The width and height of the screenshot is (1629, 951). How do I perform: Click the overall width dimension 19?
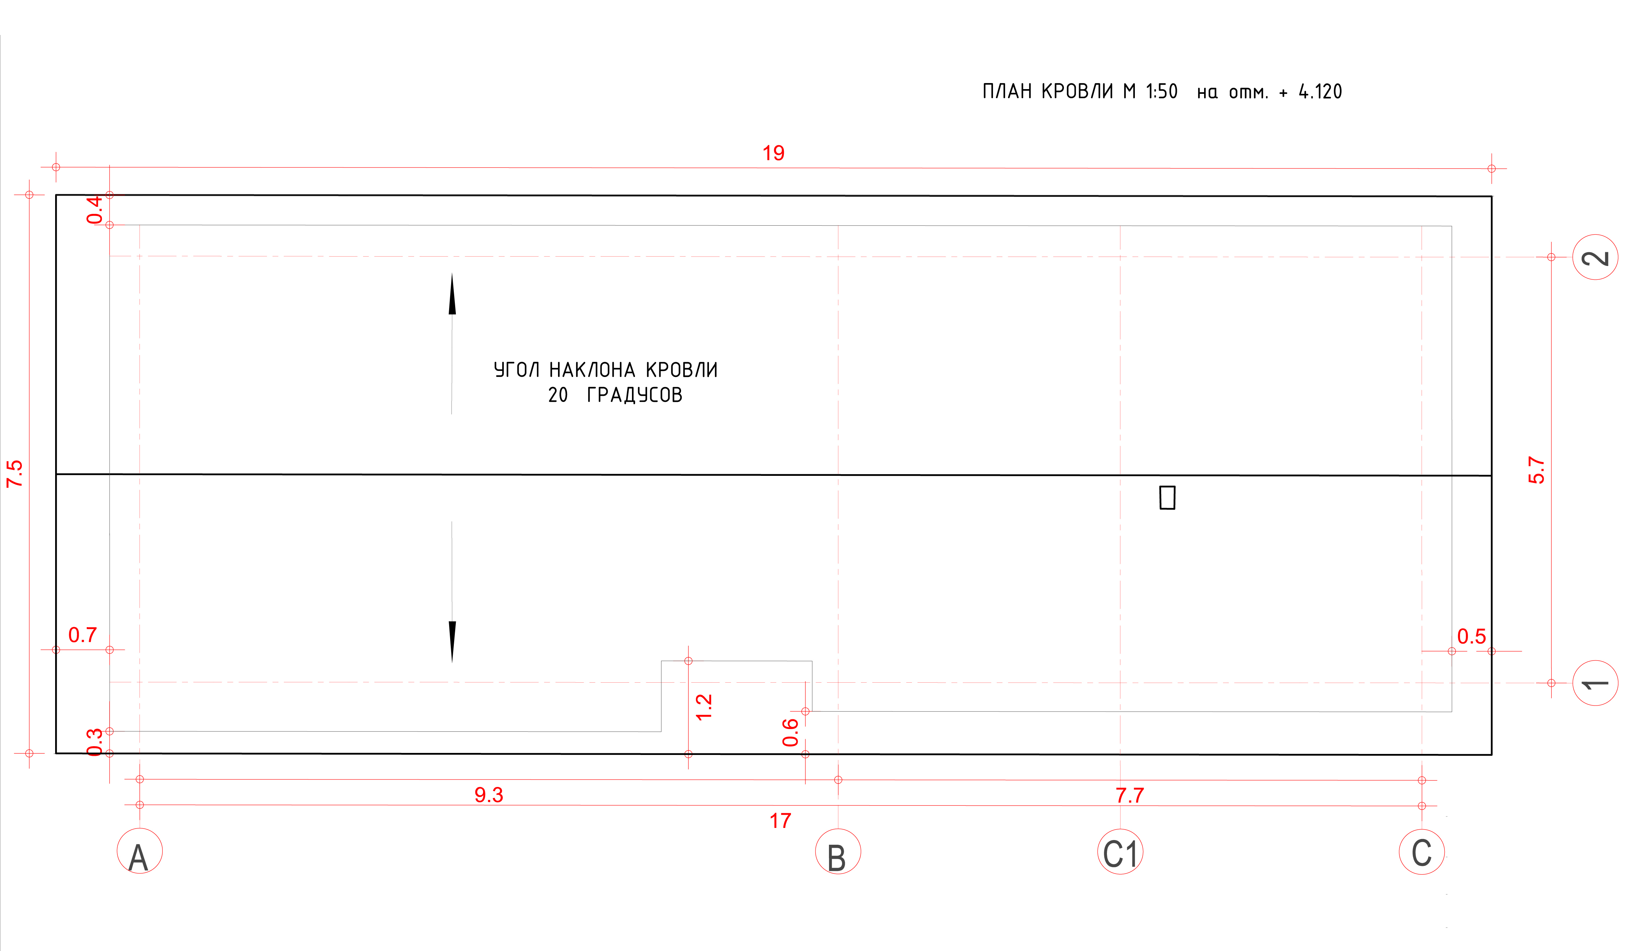(773, 153)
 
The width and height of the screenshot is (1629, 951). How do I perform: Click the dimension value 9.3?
(489, 795)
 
